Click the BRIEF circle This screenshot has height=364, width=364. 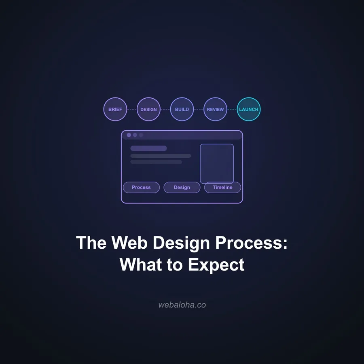[115, 109]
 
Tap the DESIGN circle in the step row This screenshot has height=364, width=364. [148, 109]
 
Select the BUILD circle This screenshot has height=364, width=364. [182, 109]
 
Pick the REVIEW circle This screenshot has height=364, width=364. [215, 109]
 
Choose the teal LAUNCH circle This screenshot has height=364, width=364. [248, 109]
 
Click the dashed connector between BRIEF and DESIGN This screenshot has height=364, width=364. [132, 109]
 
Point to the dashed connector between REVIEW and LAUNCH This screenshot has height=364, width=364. [232, 109]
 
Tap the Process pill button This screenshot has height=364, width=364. [141, 187]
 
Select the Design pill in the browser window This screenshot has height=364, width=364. [182, 187]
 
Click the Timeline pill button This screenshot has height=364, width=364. [222, 187]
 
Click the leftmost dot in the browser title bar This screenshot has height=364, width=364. [129, 135]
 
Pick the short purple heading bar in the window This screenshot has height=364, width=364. [148, 148]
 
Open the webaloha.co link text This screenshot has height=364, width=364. [182, 305]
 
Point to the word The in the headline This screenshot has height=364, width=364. [91, 243]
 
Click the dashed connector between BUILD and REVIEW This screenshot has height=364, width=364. [199, 109]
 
